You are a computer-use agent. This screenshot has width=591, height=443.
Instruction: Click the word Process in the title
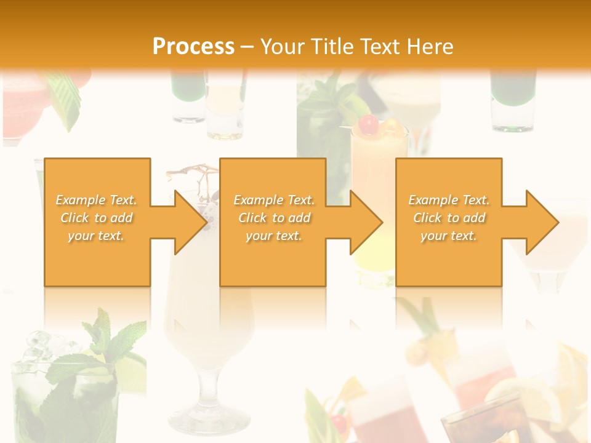[193, 46]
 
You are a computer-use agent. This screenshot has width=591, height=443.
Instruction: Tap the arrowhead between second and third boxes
[366, 222]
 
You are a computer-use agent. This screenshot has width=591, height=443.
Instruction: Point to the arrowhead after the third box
[542, 222]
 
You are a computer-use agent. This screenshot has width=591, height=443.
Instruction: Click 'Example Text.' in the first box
[97, 200]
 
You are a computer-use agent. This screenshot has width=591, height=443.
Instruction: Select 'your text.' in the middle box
[273, 236]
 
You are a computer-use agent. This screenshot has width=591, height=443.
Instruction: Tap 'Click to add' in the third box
[449, 218]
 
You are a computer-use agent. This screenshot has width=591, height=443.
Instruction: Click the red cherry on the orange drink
[369, 125]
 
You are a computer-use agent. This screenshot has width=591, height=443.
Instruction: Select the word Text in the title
[379, 46]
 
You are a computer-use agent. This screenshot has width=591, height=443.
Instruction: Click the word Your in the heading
[281, 46]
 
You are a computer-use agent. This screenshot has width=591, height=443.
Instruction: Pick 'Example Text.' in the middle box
[274, 200]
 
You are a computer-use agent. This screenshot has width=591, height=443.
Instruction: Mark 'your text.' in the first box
[96, 236]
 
